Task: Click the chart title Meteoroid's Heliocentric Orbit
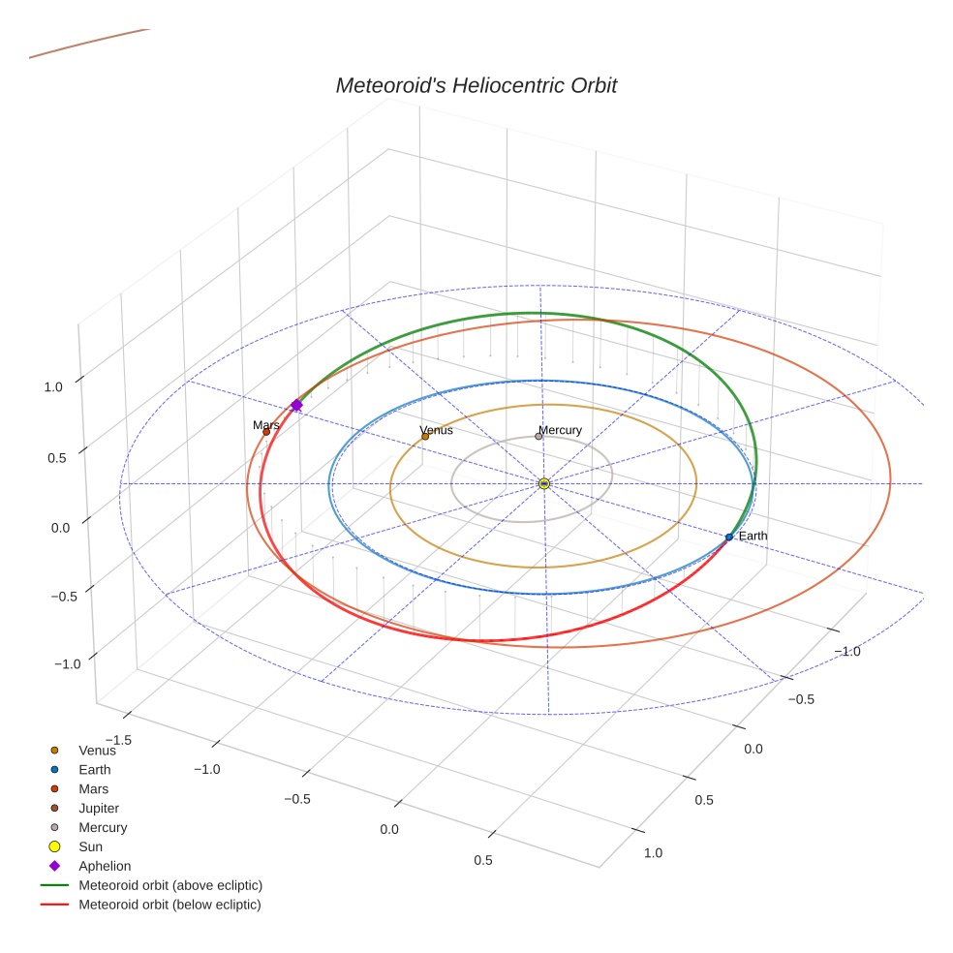tap(476, 85)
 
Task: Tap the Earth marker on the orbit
tap(728, 537)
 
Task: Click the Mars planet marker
tap(265, 432)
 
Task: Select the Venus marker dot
tap(424, 437)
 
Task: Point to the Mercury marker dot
tap(538, 436)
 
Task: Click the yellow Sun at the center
tap(543, 483)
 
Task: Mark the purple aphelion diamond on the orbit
tap(296, 405)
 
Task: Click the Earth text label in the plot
tap(753, 536)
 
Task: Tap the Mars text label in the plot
tap(266, 424)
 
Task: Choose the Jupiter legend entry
tap(99, 808)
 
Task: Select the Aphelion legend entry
tap(105, 866)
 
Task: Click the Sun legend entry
tap(90, 846)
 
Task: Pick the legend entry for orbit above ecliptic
tap(170, 885)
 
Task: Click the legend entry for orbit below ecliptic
tap(169, 905)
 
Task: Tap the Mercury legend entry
tap(103, 827)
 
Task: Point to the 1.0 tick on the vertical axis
tap(52, 386)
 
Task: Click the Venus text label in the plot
tap(436, 430)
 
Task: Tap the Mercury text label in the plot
tap(560, 430)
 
